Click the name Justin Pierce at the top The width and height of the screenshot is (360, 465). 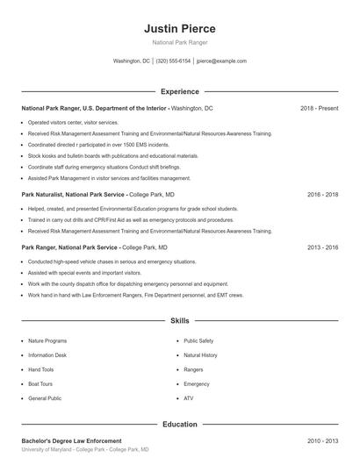click(x=179, y=29)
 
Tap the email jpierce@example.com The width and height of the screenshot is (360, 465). click(x=221, y=61)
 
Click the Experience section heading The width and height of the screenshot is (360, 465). click(x=179, y=91)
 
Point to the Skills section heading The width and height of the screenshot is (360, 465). click(x=179, y=321)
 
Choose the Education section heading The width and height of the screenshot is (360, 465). click(x=179, y=424)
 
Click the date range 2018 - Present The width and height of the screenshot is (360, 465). click(x=319, y=108)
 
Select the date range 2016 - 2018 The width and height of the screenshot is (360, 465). click(x=322, y=194)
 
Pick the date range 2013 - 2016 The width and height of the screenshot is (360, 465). click(x=322, y=247)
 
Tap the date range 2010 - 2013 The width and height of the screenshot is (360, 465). click(x=322, y=440)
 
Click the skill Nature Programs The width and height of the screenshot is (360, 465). click(x=47, y=340)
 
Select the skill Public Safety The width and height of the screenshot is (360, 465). click(x=198, y=340)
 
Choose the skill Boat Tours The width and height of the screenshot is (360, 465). click(x=40, y=384)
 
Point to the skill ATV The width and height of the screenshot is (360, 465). click(x=188, y=398)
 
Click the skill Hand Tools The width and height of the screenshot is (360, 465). click(x=41, y=369)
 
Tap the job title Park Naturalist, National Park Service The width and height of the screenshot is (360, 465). click(x=74, y=194)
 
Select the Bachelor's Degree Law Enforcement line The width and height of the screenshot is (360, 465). click(x=71, y=440)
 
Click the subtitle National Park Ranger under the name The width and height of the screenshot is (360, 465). click(x=179, y=43)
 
